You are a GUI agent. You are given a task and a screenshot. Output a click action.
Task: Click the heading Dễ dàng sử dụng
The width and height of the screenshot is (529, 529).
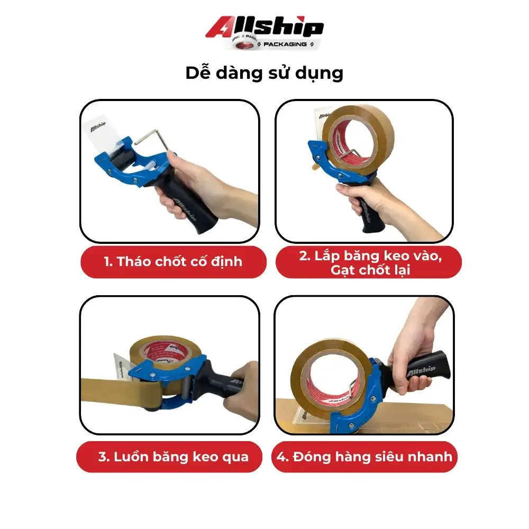[x=264, y=73]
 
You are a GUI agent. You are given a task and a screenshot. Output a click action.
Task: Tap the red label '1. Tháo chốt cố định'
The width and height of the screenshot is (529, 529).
[x=173, y=261]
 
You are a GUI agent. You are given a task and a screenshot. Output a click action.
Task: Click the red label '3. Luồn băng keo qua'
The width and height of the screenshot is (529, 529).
[x=173, y=457]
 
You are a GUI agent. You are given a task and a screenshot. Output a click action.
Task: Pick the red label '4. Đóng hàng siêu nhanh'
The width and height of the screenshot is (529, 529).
[x=365, y=456]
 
